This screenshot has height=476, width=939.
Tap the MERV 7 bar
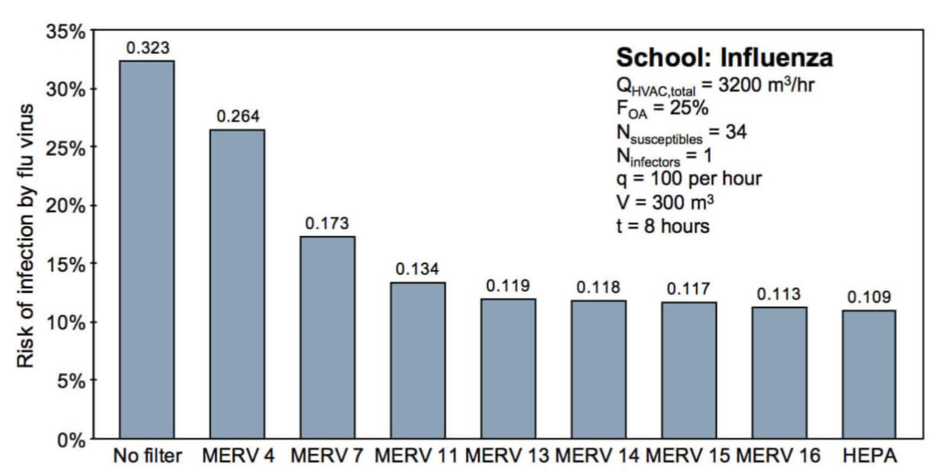click(x=328, y=338)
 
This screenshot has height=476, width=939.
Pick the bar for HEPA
click(x=869, y=374)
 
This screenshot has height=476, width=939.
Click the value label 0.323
click(x=148, y=48)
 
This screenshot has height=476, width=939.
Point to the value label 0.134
click(x=417, y=269)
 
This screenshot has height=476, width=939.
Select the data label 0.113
click(x=778, y=294)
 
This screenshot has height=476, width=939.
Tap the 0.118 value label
click(x=598, y=287)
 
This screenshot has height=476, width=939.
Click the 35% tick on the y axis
click(x=66, y=32)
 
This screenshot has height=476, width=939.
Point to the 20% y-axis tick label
click(x=66, y=206)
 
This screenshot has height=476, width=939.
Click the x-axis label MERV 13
click(x=507, y=456)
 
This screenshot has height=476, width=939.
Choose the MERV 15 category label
click(x=688, y=456)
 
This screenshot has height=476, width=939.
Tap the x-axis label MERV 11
click(x=416, y=456)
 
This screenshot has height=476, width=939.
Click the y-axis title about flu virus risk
click(x=25, y=236)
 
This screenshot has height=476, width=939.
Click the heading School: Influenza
click(x=724, y=58)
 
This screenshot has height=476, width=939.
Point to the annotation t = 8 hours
click(x=663, y=226)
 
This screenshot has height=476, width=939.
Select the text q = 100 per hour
click(x=689, y=178)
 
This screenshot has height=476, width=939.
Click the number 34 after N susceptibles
click(x=736, y=132)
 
